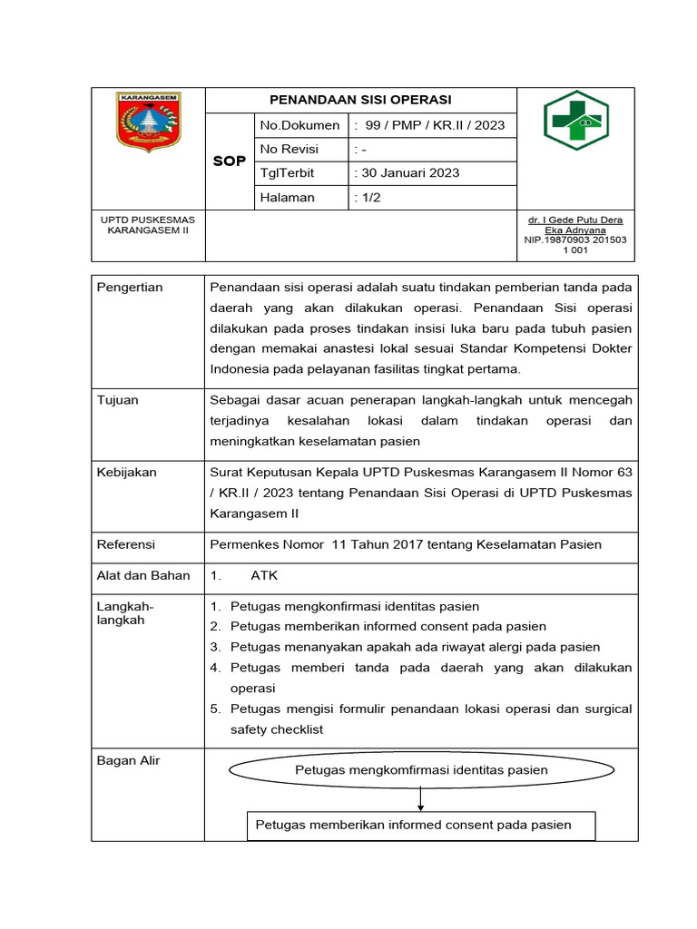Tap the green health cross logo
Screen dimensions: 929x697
tap(575, 121)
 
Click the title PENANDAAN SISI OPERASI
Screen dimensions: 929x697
tap(362, 100)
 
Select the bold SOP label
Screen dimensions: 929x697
tap(230, 161)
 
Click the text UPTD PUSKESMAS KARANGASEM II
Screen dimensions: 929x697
tap(149, 225)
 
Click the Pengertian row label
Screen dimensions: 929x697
tap(130, 288)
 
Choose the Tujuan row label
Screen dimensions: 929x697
tap(118, 400)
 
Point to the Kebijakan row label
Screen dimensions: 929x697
tap(127, 473)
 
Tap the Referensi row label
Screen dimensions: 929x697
tap(126, 544)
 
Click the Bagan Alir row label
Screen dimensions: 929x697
tap(128, 760)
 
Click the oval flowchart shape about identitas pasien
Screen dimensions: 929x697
tap(421, 770)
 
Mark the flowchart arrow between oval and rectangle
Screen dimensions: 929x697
tap(421, 798)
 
